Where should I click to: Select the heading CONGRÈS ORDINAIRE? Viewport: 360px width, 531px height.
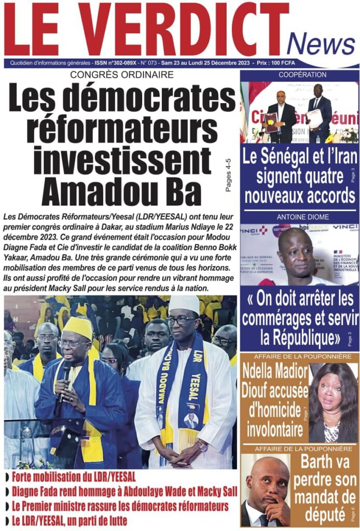[122, 75]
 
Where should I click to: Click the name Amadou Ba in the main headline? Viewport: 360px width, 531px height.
[121, 191]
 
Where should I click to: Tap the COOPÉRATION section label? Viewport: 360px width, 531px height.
[302, 75]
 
